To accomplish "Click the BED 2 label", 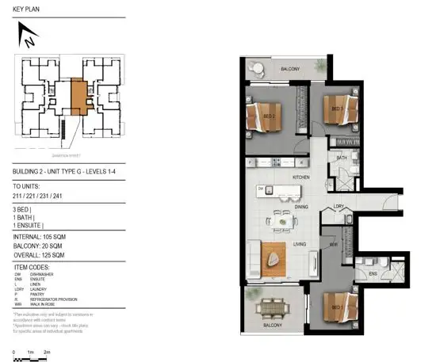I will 269,116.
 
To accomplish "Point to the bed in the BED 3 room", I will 340,110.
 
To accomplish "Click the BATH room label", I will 341,158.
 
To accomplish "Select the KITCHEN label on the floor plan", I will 300,177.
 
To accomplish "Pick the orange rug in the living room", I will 275,257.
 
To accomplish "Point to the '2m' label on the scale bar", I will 48,351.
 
